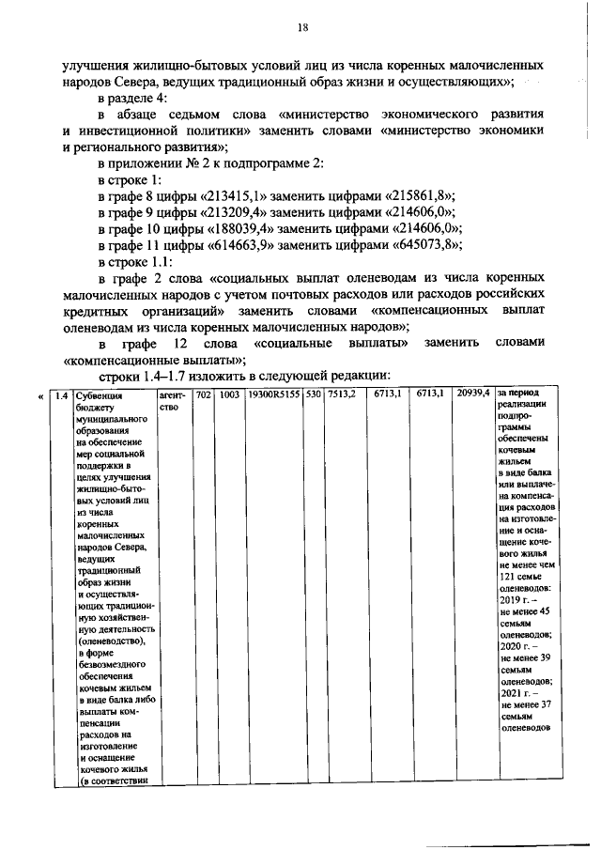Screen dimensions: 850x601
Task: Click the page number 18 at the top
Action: tap(302, 28)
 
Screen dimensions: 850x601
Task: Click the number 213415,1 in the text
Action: tap(232, 195)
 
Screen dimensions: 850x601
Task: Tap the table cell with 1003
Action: tap(228, 395)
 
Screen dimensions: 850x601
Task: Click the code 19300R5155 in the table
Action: tap(273, 395)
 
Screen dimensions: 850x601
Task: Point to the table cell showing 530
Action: tap(314, 395)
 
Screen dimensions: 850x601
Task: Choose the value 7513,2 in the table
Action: tap(340, 395)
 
